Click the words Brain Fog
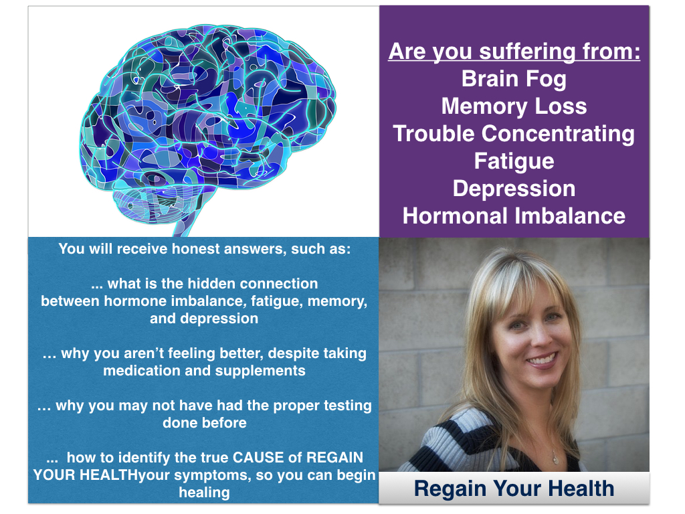point(514,80)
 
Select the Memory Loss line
point(514,106)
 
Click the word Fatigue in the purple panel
point(514,162)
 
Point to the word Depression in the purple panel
point(514,189)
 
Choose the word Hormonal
point(455,216)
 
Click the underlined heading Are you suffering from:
point(514,52)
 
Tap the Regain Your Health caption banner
point(514,488)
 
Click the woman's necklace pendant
point(555,459)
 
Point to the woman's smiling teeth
point(542,359)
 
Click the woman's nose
point(533,337)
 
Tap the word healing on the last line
point(204,493)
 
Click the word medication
point(142,371)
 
